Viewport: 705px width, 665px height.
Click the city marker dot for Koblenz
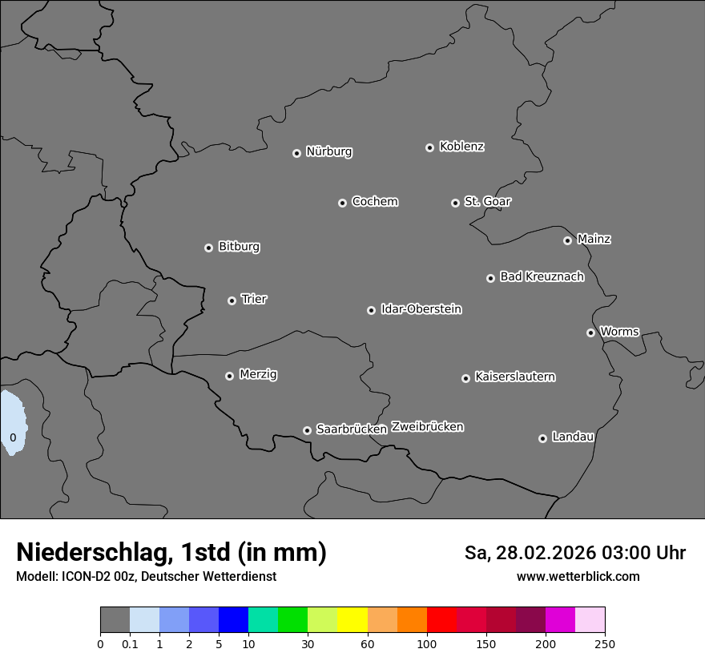(x=429, y=147)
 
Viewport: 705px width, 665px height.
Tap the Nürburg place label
(x=328, y=151)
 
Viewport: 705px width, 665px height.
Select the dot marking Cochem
(x=342, y=203)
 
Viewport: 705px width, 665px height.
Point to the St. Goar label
(x=487, y=201)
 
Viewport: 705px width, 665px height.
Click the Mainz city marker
(x=567, y=240)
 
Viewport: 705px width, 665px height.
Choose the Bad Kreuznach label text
(x=542, y=276)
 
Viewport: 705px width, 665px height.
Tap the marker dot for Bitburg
(x=208, y=248)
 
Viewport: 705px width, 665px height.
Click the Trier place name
(x=254, y=299)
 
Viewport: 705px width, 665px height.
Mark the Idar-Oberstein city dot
(x=371, y=310)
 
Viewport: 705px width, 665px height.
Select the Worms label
(x=619, y=331)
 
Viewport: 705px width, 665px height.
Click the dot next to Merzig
(x=229, y=376)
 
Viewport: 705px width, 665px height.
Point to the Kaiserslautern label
(x=514, y=377)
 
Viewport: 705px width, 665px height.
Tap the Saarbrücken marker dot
(x=307, y=430)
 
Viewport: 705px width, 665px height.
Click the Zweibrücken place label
(x=427, y=426)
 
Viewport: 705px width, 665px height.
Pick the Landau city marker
(x=542, y=438)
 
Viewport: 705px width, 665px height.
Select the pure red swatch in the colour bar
(x=441, y=620)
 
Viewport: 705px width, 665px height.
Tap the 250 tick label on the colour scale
(x=605, y=643)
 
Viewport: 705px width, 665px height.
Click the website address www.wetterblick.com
(x=578, y=576)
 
